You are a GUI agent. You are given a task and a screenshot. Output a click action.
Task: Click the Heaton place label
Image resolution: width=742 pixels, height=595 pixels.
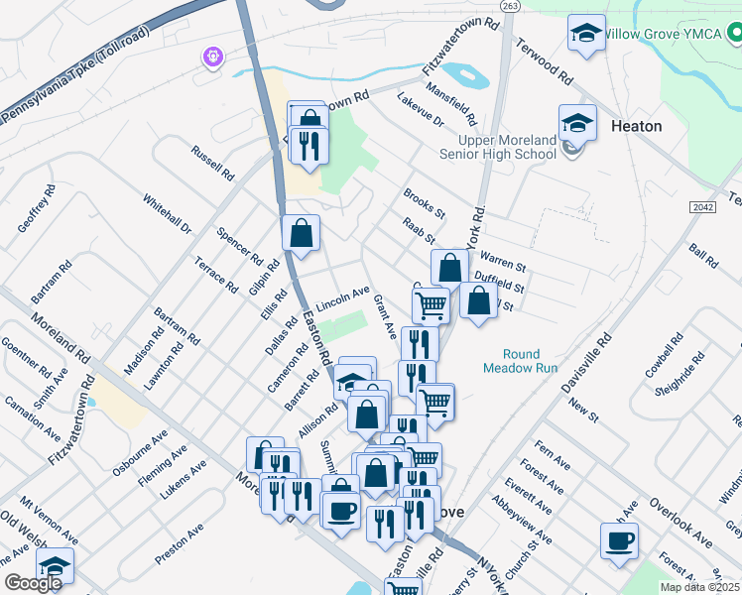(637, 127)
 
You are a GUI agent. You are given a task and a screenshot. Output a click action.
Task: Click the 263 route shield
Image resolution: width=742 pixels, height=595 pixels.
(510, 6)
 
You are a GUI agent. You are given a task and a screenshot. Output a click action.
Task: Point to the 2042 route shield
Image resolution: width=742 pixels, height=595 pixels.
(702, 206)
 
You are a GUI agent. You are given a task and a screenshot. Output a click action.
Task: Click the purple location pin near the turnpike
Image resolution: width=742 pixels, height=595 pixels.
(212, 58)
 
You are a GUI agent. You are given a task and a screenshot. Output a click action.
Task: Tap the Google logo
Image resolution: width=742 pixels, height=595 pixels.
(33, 583)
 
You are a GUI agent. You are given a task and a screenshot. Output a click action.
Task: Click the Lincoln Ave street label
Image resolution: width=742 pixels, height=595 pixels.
(342, 297)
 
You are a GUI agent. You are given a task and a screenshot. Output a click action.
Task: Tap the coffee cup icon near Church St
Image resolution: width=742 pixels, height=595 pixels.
(620, 541)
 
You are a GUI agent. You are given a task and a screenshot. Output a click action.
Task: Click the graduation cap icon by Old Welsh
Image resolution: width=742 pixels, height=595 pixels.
(56, 565)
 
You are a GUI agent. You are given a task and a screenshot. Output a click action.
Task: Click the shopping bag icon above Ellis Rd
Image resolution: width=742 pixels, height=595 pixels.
(302, 233)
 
